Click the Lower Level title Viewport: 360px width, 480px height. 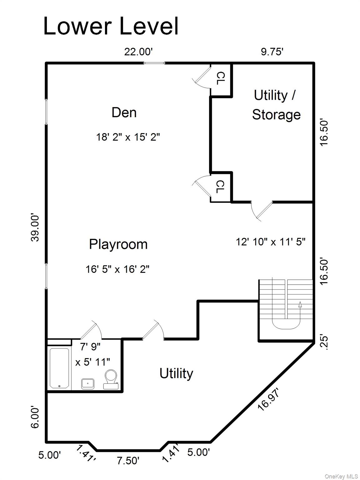(x=111, y=26)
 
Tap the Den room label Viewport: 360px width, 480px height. (x=124, y=112)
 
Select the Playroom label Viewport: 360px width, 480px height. (x=118, y=244)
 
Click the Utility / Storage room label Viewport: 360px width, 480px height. (x=276, y=105)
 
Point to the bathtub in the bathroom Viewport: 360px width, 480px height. (x=59, y=368)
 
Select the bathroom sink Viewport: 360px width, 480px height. (x=88, y=383)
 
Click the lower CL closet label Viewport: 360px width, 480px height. (x=221, y=187)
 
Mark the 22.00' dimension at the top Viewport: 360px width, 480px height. (x=138, y=52)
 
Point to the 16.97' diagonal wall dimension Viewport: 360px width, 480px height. (x=268, y=399)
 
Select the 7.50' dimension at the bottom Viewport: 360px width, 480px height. (x=128, y=460)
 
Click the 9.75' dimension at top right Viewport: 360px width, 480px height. (x=272, y=52)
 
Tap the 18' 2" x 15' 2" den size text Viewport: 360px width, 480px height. (x=128, y=137)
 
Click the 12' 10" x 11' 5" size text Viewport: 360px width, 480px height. (x=270, y=242)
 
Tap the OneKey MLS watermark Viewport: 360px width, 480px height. (x=341, y=476)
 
